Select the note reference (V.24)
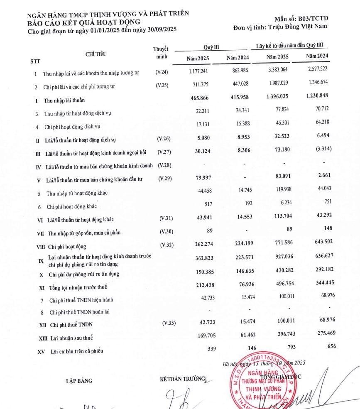click(162, 73)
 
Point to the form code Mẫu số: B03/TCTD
click(301, 19)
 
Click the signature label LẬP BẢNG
click(79, 381)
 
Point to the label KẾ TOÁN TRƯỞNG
click(183, 379)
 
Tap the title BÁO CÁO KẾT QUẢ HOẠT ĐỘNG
click(83, 22)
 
